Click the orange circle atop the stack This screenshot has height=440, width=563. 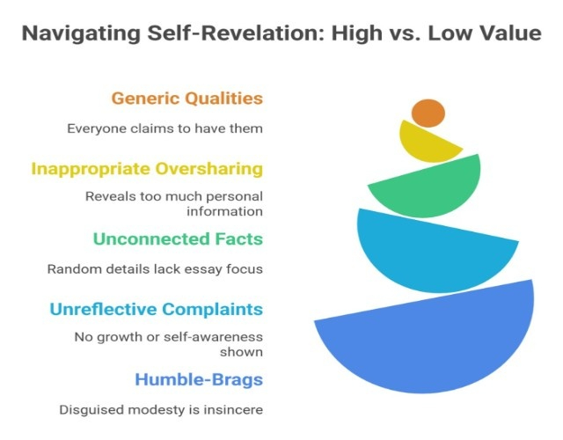pyautogui.click(x=428, y=114)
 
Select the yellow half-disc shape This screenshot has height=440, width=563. pyautogui.click(x=428, y=143)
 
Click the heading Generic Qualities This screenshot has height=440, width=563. pyautogui.click(x=187, y=99)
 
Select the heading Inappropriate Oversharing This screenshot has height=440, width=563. pyautogui.click(x=147, y=169)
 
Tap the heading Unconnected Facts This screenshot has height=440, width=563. pyautogui.click(x=178, y=238)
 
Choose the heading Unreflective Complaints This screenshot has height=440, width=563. pyautogui.click(x=157, y=309)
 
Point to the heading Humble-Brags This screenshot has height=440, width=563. pyautogui.click(x=199, y=379)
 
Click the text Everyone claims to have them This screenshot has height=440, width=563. pyautogui.click(x=165, y=128)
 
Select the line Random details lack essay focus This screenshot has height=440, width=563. pyautogui.click(x=155, y=269)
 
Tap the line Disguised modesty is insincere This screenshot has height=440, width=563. pyautogui.click(x=161, y=410)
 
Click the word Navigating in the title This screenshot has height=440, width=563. pyautogui.click(x=81, y=33)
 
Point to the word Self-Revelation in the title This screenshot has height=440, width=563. pyautogui.click(x=237, y=33)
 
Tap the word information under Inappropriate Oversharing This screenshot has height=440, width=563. pyautogui.click(x=225, y=211)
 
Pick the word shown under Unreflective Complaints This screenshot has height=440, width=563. pyautogui.click(x=241, y=352)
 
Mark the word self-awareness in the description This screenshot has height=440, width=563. pyautogui.click(x=213, y=337)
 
